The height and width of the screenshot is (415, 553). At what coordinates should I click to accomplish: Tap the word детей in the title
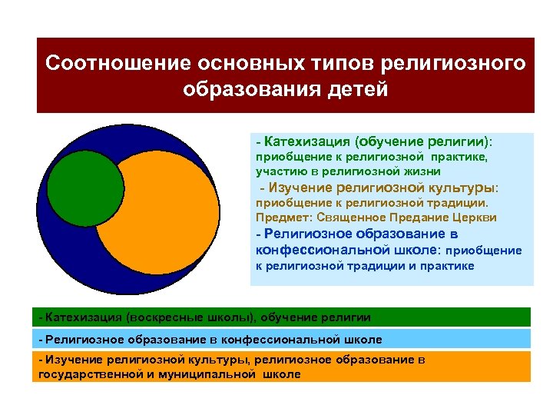pos(356,89)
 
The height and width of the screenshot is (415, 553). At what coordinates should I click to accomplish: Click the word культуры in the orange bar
pos(218,360)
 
